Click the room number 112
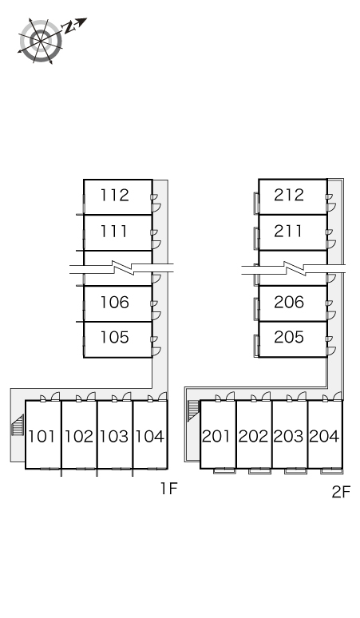(x=115, y=195)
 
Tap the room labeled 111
(x=114, y=231)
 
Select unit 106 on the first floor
(x=115, y=303)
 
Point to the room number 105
(x=115, y=338)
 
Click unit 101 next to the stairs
(x=42, y=436)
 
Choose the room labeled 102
(x=79, y=436)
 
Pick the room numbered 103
(x=114, y=436)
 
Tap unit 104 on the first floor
(x=150, y=436)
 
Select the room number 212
(x=289, y=195)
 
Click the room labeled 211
(x=288, y=231)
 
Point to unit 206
(x=289, y=302)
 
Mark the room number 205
(x=289, y=337)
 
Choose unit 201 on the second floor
(x=216, y=436)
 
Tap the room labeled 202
(x=253, y=436)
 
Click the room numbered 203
(x=289, y=436)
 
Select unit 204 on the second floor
(x=324, y=436)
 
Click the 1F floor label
(x=169, y=489)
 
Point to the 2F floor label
(x=341, y=492)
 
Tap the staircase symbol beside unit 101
(x=18, y=425)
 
